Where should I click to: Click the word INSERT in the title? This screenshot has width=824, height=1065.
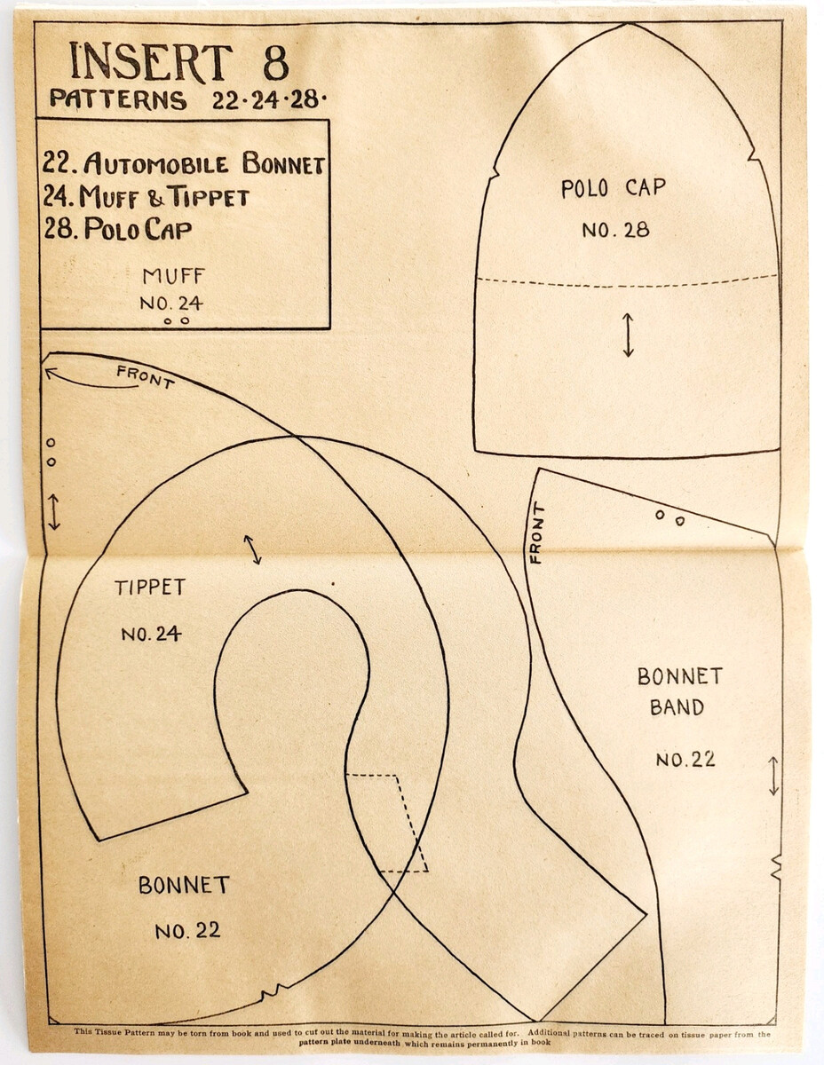tap(150, 63)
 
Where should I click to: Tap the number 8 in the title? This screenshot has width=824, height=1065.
tap(273, 63)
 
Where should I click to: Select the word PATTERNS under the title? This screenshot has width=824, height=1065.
tap(118, 99)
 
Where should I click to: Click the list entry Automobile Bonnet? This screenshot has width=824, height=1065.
tap(184, 164)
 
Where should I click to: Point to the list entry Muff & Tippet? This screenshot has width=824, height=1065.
tap(147, 196)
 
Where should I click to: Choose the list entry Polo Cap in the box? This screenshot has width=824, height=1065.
tap(118, 229)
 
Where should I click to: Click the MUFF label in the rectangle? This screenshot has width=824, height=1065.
tap(173, 275)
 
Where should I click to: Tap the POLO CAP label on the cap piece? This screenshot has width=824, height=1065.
tap(613, 188)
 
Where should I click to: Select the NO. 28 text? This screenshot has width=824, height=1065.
tap(615, 230)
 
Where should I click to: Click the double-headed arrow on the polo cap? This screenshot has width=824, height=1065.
tap(628, 335)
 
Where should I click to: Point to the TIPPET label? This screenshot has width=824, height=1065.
tap(150, 588)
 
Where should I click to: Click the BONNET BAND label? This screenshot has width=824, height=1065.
tap(679, 691)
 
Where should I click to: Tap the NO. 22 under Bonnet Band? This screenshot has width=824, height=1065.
tap(685, 760)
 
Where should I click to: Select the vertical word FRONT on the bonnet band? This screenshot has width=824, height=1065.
tap(535, 532)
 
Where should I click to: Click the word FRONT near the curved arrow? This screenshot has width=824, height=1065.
tap(146, 377)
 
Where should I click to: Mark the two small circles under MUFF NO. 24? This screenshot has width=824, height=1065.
tap(176, 320)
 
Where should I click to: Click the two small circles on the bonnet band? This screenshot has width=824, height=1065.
tap(669, 517)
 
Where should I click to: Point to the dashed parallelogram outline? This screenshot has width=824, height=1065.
tap(388, 822)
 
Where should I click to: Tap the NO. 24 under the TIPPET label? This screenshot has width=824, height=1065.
tap(151, 634)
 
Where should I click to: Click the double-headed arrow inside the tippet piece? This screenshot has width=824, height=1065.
tap(253, 549)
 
